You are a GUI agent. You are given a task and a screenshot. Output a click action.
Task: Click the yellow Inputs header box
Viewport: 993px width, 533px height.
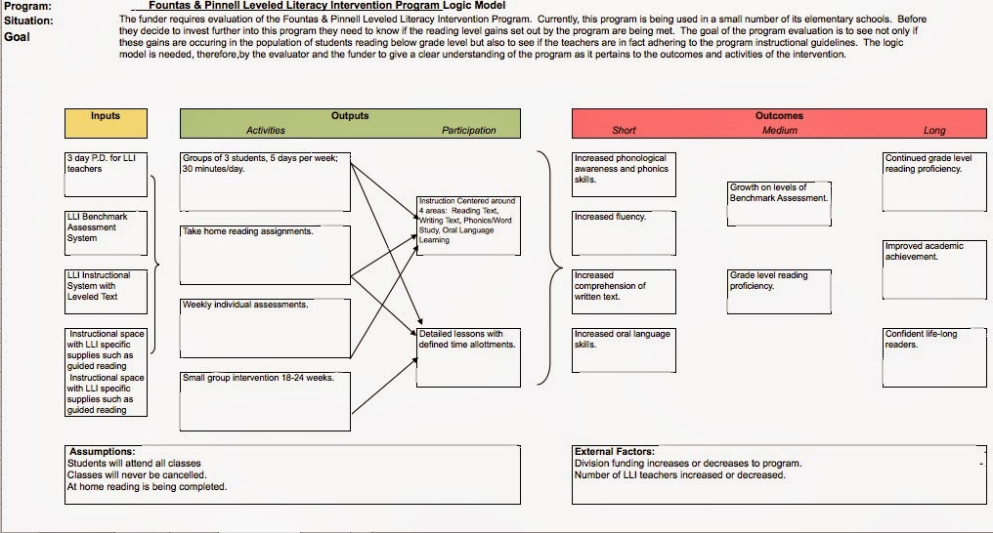pos(106,123)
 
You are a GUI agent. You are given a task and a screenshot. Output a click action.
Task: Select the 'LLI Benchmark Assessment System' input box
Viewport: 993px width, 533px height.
pos(106,233)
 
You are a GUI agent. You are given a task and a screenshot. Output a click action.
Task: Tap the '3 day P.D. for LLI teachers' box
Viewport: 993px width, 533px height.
pos(106,175)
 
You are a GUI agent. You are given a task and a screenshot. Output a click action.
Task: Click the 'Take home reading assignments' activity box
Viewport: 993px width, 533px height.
pos(265,255)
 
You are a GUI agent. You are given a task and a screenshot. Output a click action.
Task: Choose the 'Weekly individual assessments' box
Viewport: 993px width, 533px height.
pos(265,328)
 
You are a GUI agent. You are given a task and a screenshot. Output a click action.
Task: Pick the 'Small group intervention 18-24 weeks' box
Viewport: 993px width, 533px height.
pos(265,401)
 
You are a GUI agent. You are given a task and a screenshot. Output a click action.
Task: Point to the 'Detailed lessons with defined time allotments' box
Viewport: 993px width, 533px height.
pos(468,357)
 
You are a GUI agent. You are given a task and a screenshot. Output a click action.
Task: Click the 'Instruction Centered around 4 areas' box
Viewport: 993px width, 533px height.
pos(468,225)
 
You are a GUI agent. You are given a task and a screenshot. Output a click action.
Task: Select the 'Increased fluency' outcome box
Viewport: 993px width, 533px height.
pos(624,233)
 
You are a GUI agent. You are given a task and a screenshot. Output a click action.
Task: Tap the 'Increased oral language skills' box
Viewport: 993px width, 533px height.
pos(624,350)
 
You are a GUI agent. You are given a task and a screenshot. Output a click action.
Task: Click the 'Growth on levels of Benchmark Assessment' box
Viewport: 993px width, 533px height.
pos(779,204)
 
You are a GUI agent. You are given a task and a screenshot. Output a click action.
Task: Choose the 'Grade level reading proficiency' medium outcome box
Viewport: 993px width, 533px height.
pos(779,292)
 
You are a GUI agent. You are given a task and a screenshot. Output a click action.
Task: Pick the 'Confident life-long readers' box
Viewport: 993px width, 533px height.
pos(934,357)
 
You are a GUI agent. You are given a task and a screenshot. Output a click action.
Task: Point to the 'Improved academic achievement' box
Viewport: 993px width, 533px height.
pos(934,269)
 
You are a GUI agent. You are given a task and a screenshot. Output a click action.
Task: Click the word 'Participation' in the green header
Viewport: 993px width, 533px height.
pos(468,130)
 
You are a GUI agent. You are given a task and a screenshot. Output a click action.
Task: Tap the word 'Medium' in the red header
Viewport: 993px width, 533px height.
pos(780,130)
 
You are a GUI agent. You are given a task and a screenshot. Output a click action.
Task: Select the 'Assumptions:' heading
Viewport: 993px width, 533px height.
pos(102,451)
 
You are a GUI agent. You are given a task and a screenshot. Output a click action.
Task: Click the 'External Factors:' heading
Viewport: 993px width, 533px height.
pos(615,451)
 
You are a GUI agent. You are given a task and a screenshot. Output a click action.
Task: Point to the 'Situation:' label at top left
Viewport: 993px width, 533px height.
pos(28,20)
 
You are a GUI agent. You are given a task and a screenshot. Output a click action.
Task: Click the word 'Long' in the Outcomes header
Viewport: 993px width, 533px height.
pos(934,130)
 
